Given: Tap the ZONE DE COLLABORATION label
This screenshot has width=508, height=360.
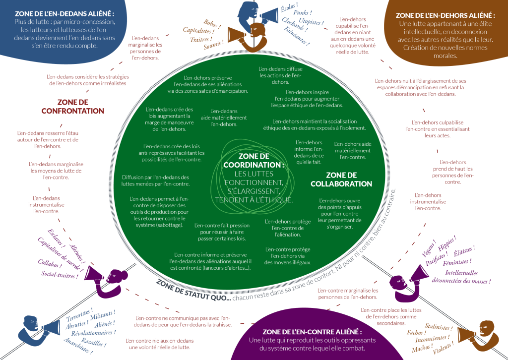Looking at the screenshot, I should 341,180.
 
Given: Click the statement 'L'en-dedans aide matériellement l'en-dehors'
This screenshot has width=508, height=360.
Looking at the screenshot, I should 224,118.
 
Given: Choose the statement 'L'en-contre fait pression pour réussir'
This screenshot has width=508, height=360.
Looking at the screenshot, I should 221,232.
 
